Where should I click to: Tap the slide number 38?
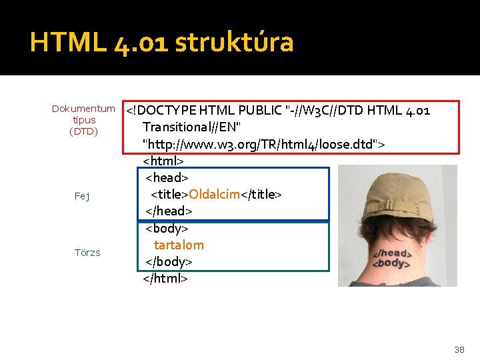pos(459,349)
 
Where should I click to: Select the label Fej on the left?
pos(83,196)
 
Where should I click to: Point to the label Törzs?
pos(87,253)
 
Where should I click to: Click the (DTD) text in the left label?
pos(83,131)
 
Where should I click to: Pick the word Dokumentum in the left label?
pos(83,109)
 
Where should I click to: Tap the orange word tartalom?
pos(179,245)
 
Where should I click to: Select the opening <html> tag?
pos(163,161)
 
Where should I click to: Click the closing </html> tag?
pos(165,278)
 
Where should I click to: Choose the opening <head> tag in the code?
pos(167,177)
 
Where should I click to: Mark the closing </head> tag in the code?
pos(169,211)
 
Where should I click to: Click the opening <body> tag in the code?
pos(167,228)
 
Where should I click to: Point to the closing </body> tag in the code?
pos(169,261)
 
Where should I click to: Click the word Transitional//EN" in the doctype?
pos(192,127)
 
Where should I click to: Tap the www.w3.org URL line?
pos(264,143)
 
